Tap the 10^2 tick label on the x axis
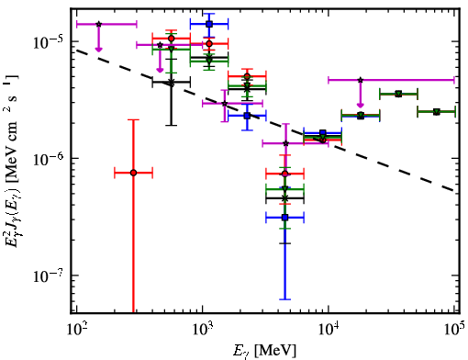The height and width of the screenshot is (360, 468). tap(76, 330)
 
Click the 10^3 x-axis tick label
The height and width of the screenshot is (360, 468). tap(203, 330)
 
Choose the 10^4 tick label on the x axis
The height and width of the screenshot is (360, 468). tap(329, 330)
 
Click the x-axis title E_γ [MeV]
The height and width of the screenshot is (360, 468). tap(264, 351)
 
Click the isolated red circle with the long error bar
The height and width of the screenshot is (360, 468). tap(133, 173)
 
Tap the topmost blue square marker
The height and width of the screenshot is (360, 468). tap(209, 24)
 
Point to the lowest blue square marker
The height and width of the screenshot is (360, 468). tap(285, 218)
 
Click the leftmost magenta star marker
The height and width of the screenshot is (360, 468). tap(98, 24)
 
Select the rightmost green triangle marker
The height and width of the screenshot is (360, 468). tap(437, 112)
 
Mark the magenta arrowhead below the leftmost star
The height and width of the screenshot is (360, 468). tap(98, 49)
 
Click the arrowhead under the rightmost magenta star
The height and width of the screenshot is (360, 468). tap(361, 106)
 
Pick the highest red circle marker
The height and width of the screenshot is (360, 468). tap(172, 39)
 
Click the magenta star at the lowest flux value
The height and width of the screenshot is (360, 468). tap(285, 143)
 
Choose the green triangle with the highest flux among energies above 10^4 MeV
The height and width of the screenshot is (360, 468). tap(398, 94)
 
